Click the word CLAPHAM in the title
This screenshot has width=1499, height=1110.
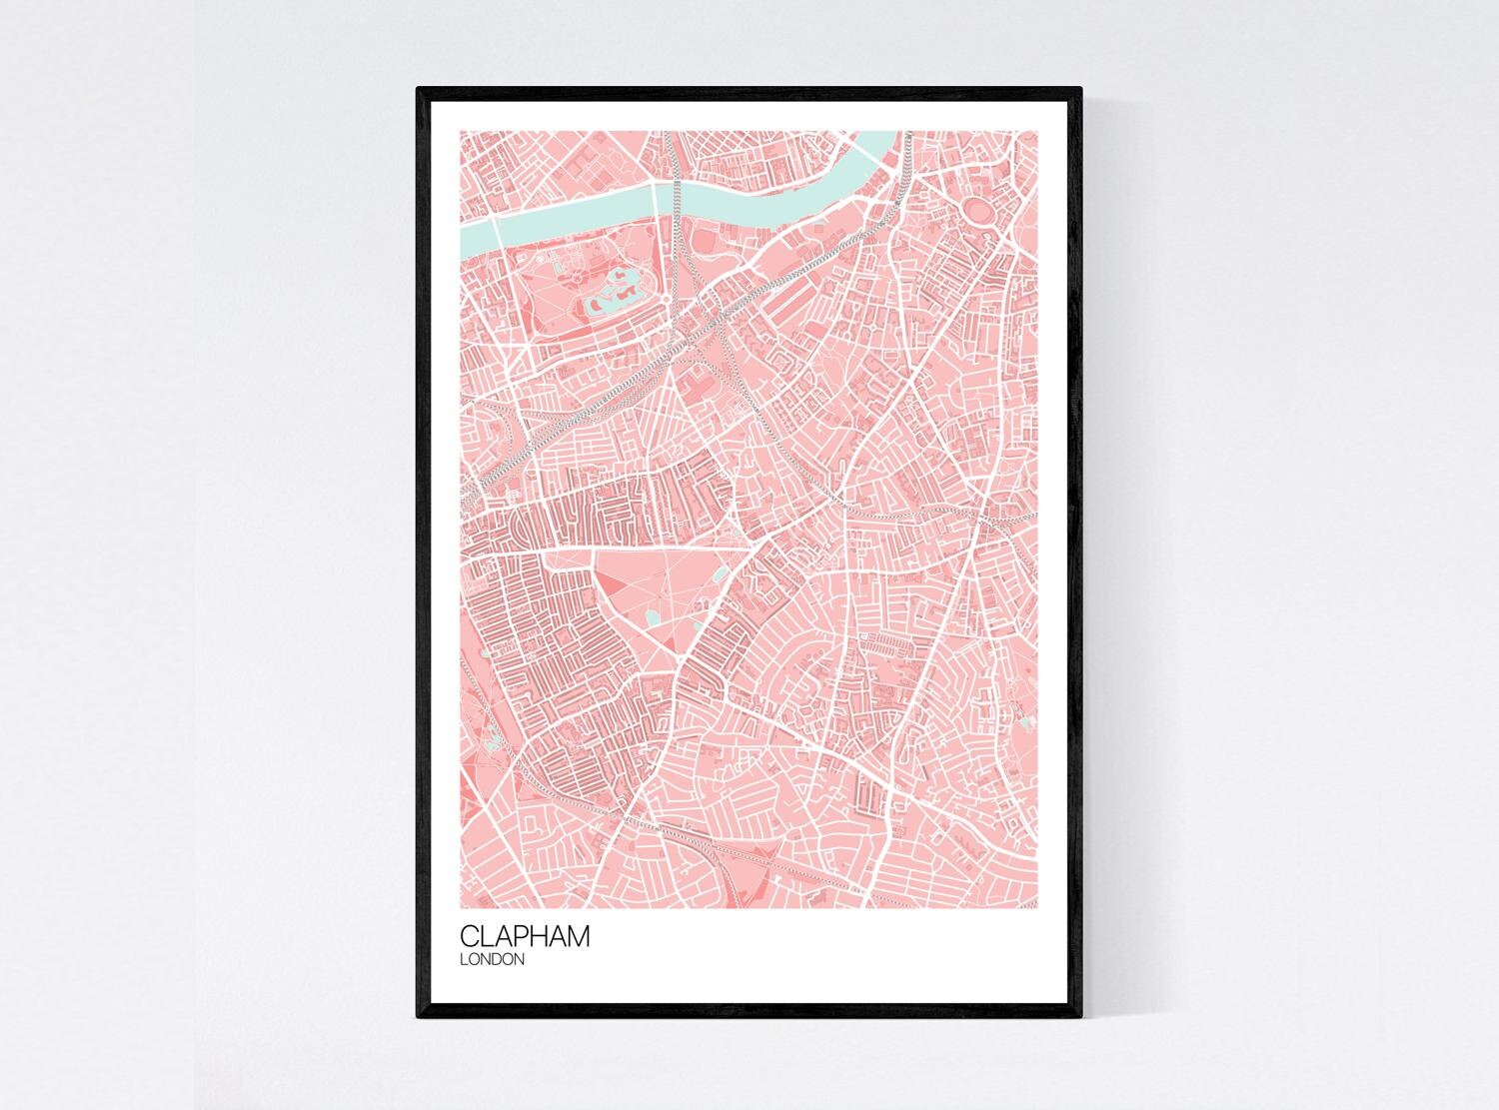(x=525, y=936)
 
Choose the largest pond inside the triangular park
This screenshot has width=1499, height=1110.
(x=652, y=620)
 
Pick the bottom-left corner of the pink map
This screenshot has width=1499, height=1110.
(x=461, y=908)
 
